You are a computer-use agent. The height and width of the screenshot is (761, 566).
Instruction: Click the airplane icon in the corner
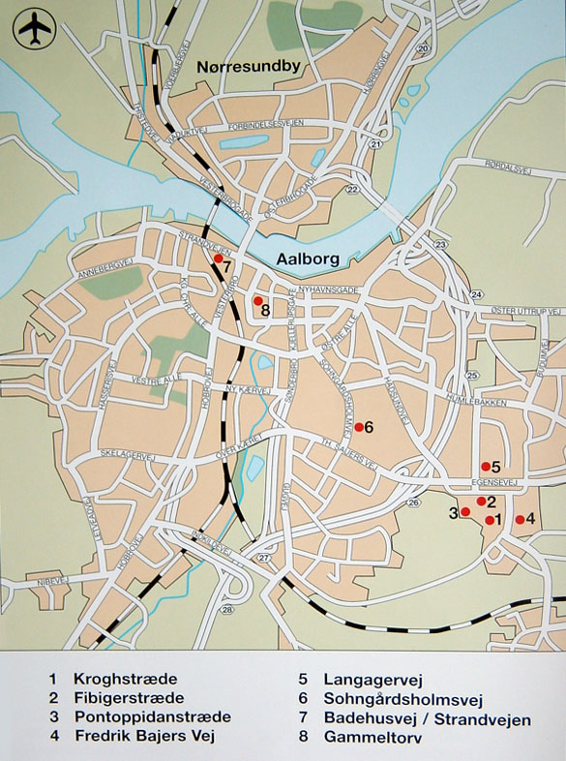34,29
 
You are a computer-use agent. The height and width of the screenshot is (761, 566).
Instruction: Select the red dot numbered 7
219,259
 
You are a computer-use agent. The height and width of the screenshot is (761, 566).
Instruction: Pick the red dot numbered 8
258,301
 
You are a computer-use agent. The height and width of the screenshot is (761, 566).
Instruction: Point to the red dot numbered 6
359,427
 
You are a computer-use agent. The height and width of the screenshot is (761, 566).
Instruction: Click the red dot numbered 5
486,467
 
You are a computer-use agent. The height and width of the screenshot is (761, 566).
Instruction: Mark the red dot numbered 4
520,520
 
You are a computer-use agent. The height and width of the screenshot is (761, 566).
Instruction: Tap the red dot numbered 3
465,512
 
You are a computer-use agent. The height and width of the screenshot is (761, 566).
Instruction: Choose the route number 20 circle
422,48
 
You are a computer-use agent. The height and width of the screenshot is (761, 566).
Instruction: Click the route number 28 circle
227,609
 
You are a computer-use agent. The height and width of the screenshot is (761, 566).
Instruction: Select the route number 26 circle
413,502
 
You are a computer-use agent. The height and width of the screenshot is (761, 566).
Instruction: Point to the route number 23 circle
441,245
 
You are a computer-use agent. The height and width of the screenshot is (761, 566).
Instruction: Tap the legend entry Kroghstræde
126,680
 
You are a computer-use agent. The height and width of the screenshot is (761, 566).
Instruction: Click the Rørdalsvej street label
510,168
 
